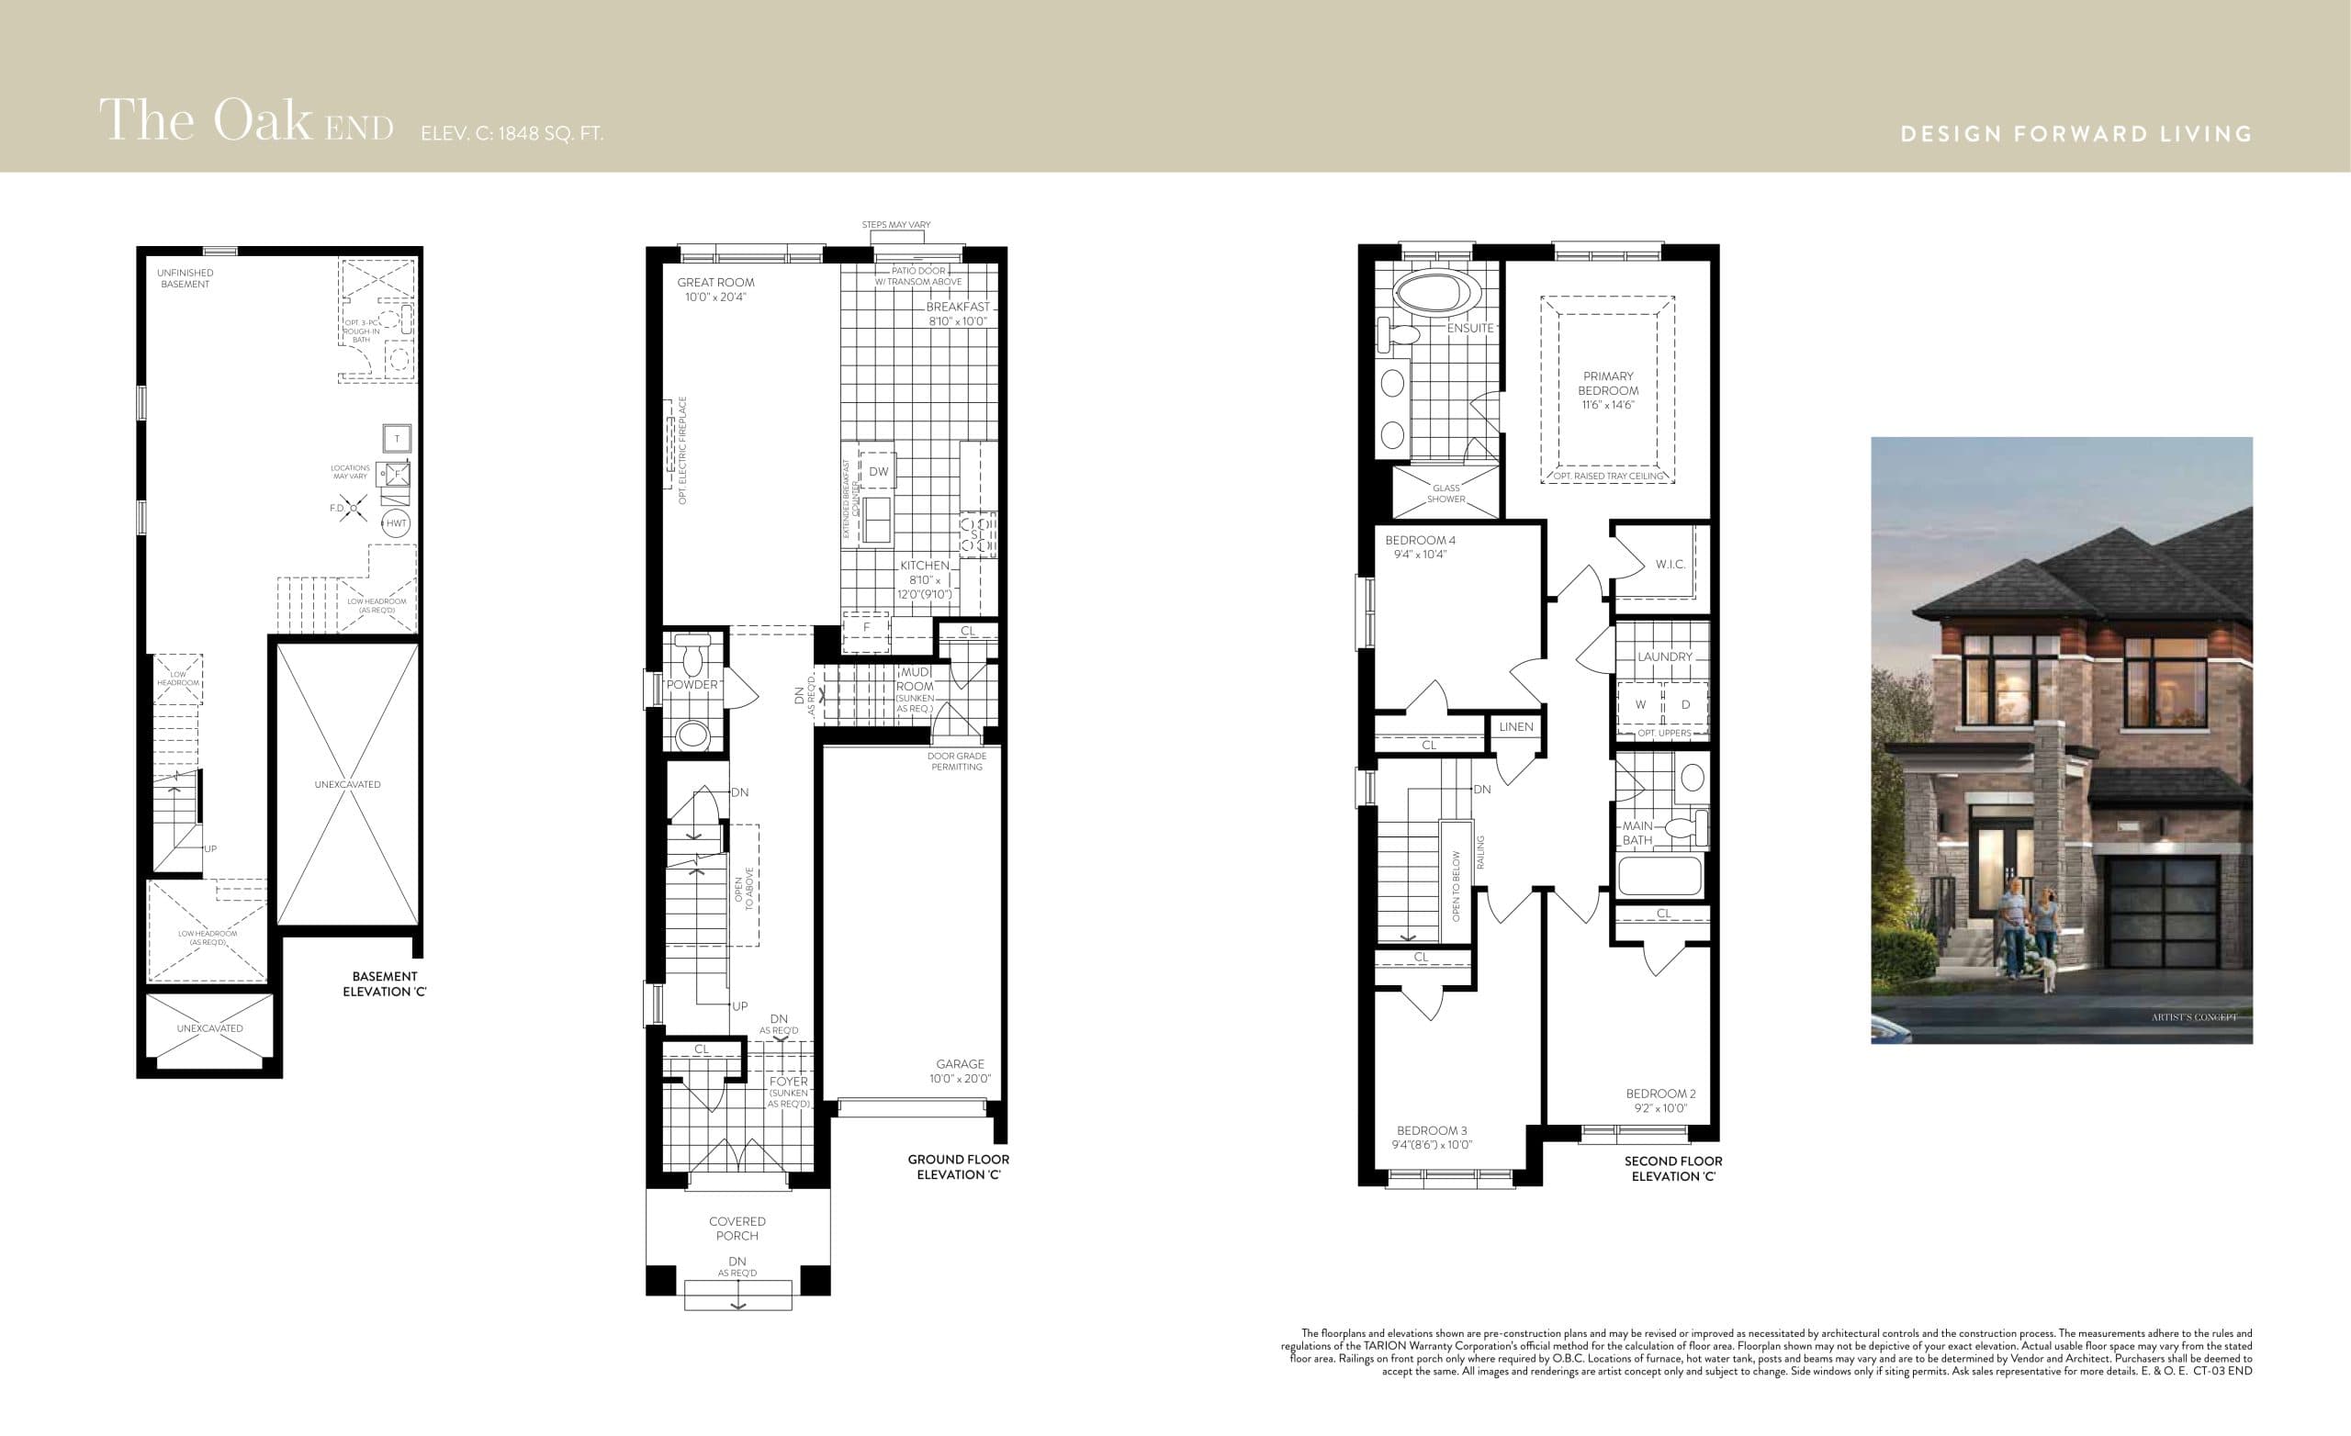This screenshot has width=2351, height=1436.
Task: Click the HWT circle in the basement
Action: click(396, 522)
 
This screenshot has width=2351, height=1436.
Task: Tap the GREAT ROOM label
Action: click(715, 283)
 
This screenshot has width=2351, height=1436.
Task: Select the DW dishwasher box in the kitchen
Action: click(878, 471)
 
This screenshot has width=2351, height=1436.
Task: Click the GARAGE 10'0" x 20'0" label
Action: click(960, 1071)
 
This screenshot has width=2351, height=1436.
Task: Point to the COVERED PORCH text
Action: click(737, 1228)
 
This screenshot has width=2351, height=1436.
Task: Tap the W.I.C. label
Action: click(1670, 564)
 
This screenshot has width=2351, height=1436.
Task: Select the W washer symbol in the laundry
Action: click(1640, 705)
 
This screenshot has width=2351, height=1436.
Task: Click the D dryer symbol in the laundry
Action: click(1685, 705)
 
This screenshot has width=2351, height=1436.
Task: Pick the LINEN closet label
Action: click(1516, 727)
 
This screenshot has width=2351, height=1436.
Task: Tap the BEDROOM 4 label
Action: click(1420, 540)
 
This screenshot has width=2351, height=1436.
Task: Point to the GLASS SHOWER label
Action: click(1445, 493)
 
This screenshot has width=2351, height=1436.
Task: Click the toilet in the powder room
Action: click(692, 655)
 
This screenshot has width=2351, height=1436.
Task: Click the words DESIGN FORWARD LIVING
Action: click(2076, 133)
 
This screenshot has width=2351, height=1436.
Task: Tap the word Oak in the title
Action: click(262, 121)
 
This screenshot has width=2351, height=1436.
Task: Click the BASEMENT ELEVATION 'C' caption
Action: click(385, 983)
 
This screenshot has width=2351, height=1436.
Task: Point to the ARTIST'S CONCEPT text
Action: click(2194, 1017)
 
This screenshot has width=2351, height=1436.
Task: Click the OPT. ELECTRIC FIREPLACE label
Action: click(682, 451)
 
